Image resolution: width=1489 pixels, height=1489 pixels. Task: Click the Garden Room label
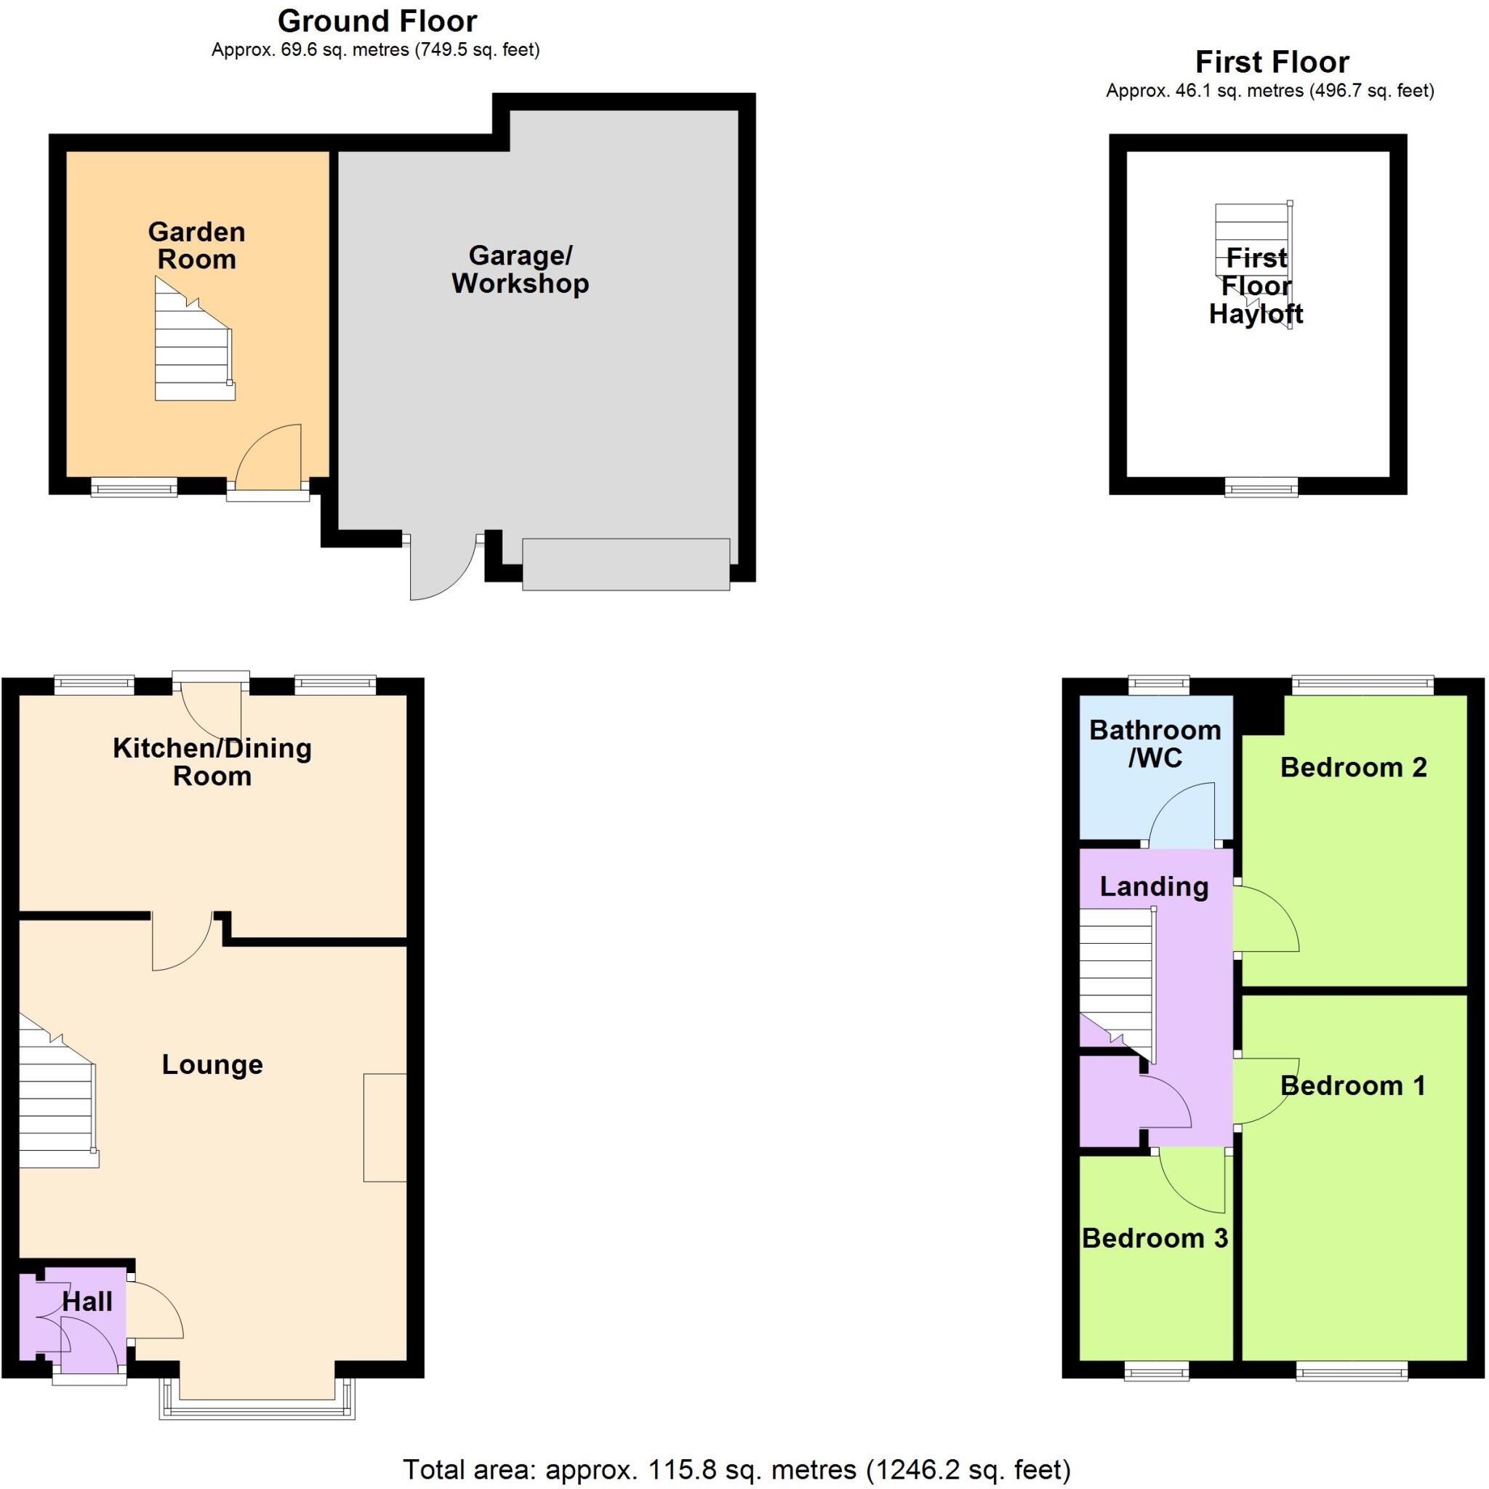pos(196,246)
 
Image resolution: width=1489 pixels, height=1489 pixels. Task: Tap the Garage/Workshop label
pos(521,269)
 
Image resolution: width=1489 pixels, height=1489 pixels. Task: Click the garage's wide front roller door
pos(626,565)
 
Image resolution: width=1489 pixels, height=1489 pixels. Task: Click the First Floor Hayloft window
pos(1261,487)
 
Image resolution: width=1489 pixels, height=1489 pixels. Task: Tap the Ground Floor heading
pos(377,21)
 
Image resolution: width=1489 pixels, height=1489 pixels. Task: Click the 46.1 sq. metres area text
pos(1269,91)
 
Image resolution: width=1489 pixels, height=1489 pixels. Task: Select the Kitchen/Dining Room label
pos(212,761)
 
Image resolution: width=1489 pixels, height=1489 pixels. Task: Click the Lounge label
pos(212,1064)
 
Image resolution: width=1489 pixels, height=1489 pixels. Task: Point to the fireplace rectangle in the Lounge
pos(385,1127)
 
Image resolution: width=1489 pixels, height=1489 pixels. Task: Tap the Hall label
pos(87,1301)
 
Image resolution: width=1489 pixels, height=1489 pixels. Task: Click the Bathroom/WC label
pos(1155,744)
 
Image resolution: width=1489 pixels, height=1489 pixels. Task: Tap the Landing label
pos(1153,886)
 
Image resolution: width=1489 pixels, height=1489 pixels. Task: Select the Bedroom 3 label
pos(1154,1238)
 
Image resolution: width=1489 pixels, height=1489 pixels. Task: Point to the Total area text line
pos(736,1469)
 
